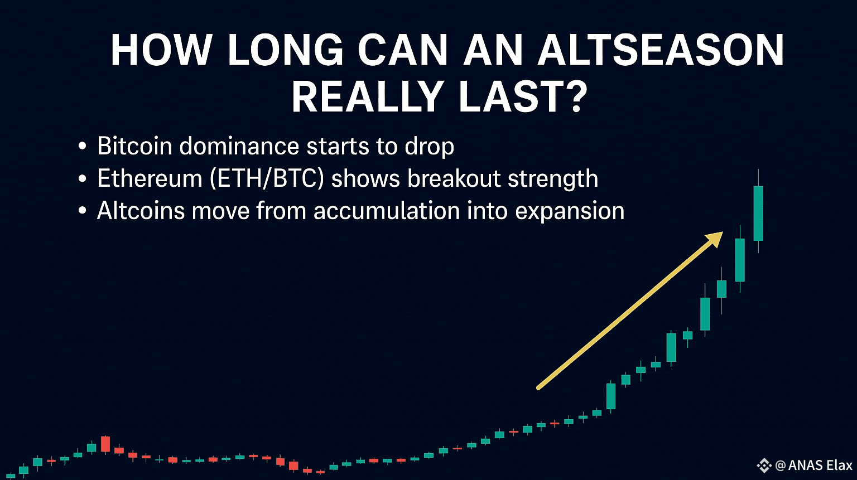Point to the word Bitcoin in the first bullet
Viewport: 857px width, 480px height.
(x=134, y=146)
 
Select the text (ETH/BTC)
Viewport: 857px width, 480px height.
(x=267, y=178)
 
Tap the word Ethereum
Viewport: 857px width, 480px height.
(x=150, y=178)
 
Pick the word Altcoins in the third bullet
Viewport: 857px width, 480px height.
(x=141, y=211)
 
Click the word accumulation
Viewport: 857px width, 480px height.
(x=387, y=211)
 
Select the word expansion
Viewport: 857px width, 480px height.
(x=570, y=211)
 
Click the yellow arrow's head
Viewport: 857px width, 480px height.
(x=715, y=239)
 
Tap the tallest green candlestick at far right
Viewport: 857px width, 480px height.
(x=758, y=213)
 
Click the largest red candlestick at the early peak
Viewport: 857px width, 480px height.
(x=105, y=444)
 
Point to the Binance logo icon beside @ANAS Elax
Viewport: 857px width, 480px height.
(x=764, y=466)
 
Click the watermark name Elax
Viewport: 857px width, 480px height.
(x=839, y=465)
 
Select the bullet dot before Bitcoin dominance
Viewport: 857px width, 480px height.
(x=82, y=147)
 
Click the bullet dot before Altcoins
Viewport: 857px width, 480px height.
(x=82, y=211)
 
